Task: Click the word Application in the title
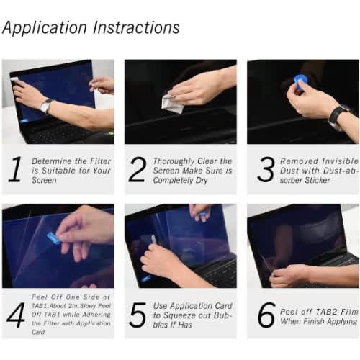(45, 28)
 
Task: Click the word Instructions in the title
(136, 27)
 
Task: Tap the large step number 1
(16, 169)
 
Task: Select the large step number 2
(138, 169)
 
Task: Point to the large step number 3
(266, 169)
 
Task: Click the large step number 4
(17, 315)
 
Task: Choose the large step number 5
(138, 315)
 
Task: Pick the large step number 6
(266, 315)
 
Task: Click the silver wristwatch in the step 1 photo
(46, 106)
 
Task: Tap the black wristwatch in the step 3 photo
(338, 116)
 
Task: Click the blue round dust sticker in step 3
(300, 81)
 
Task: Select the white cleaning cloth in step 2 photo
(172, 104)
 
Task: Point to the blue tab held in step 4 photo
(53, 238)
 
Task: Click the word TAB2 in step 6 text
(326, 312)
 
